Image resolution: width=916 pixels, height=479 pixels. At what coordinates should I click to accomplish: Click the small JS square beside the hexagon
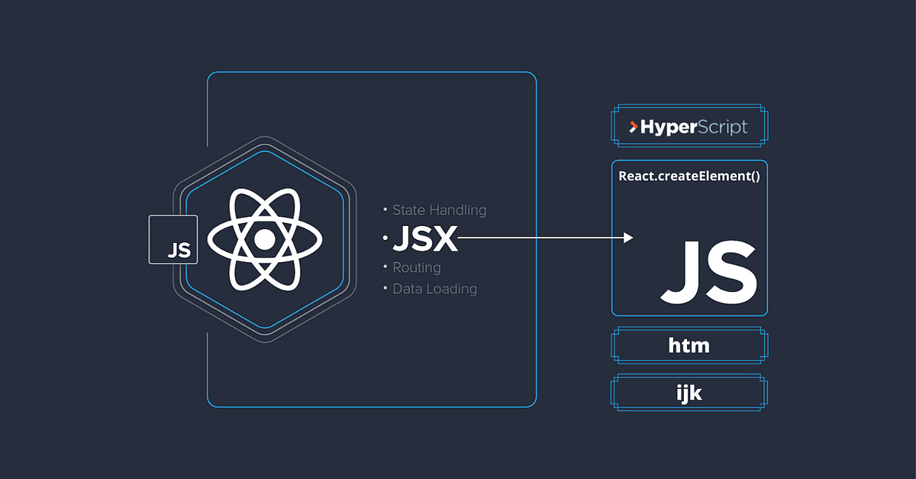(x=173, y=239)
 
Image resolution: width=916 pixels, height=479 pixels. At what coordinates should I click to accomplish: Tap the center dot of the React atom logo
(x=264, y=240)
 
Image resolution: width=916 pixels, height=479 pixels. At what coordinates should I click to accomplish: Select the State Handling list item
(x=439, y=210)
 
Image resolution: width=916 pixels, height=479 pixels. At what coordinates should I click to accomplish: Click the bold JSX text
(x=424, y=240)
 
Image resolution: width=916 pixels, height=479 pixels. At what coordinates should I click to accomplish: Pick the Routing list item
(x=416, y=268)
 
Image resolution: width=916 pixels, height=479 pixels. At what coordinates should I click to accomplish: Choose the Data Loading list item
(x=434, y=289)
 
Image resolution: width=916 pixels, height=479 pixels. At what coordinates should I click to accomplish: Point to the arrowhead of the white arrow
(x=628, y=238)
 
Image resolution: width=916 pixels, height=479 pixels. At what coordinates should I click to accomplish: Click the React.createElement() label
(x=689, y=176)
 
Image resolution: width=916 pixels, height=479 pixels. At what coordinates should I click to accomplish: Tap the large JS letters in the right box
(x=709, y=272)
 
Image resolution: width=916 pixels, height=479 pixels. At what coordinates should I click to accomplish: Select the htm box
(x=689, y=345)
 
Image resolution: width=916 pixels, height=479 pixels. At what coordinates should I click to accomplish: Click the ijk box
(x=689, y=393)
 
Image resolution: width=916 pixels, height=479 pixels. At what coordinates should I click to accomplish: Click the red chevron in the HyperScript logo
(x=633, y=128)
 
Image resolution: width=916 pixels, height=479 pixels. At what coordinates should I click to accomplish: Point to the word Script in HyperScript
(x=723, y=128)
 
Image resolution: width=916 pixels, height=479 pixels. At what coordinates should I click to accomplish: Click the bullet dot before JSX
(x=385, y=239)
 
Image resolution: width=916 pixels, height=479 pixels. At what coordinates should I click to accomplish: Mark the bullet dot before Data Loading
(x=385, y=289)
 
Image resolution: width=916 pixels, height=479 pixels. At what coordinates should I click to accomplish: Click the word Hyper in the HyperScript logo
(x=668, y=128)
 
